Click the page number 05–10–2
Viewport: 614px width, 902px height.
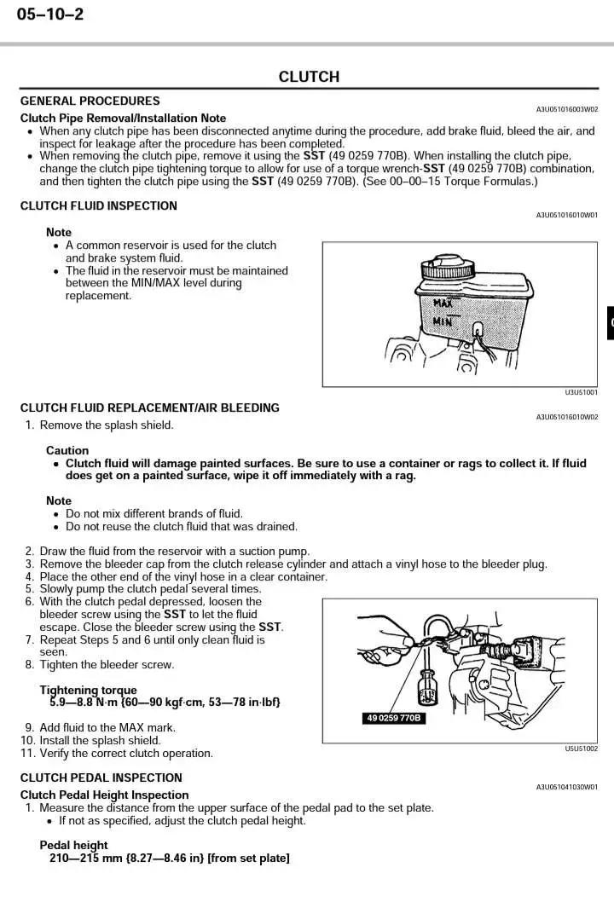(x=50, y=14)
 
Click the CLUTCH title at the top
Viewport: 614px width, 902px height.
(x=309, y=77)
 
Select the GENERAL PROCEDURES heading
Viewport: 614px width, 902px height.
(x=90, y=101)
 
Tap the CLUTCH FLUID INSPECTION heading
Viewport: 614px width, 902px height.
(x=99, y=205)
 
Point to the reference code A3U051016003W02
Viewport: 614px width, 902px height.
(x=566, y=109)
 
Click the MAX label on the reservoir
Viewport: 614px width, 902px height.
(x=443, y=303)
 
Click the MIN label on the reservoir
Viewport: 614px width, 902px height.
(x=443, y=321)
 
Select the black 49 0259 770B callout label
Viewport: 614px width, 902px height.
(x=395, y=719)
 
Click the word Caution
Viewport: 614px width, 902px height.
(x=67, y=450)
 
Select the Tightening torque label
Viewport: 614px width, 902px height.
(x=88, y=690)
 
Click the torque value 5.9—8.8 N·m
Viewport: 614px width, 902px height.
(x=84, y=703)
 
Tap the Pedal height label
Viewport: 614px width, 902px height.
(x=74, y=846)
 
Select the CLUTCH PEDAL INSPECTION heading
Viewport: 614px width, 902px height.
(x=101, y=778)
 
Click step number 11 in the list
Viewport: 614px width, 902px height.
(x=27, y=754)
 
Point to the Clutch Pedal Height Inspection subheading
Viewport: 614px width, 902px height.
(x=105, y=795)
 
